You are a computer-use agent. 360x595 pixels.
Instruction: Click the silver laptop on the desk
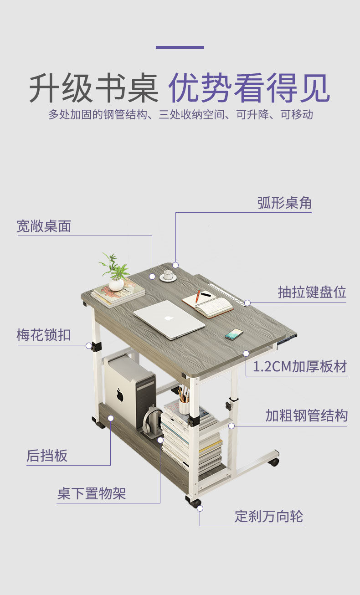point(169,319)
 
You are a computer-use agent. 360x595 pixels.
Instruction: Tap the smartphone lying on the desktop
point(234,334)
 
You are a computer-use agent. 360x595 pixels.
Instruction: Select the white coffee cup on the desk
point(168,275)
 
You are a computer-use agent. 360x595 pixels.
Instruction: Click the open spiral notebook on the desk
point(208,303)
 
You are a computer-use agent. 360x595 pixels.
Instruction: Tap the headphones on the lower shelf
point(152,421)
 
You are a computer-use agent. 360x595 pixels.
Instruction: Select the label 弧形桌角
point(284,203)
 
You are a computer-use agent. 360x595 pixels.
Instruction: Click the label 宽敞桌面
point(44,226)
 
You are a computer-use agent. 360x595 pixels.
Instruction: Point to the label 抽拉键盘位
point(312,292)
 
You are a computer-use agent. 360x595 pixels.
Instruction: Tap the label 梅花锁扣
point(44,335)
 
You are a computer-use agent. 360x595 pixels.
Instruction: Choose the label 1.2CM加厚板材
point(300,366)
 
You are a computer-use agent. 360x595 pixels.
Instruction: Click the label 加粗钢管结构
point(307,415)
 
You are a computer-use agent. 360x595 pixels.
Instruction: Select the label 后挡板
point(47,456)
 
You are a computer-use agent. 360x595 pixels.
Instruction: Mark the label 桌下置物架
point(92,493)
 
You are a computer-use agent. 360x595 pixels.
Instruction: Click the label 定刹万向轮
point(269,516)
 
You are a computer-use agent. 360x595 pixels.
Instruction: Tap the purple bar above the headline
point(180,47)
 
